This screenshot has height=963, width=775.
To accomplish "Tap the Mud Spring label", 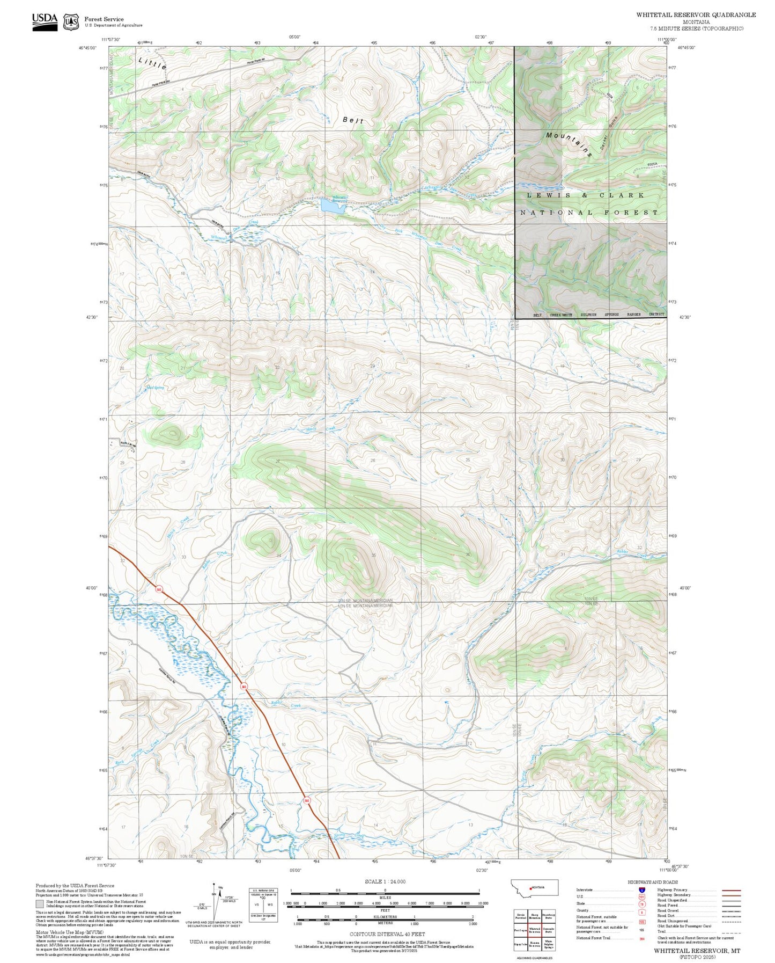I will click(154, 388).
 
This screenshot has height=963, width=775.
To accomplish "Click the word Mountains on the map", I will click(569, 144).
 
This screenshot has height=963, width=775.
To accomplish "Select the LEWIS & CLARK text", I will click(585, 195).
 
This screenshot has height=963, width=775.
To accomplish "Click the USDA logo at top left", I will click(45, 21).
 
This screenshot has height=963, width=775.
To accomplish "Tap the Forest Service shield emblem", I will click(71, 22).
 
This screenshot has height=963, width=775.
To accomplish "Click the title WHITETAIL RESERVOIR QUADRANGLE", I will click(696, 15).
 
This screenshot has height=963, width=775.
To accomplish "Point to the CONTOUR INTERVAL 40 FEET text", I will click(387, 934).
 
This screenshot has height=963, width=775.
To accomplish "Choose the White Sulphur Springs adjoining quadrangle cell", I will click(548, 944).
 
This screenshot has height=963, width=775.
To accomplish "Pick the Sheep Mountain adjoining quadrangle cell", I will click(534, 916).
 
